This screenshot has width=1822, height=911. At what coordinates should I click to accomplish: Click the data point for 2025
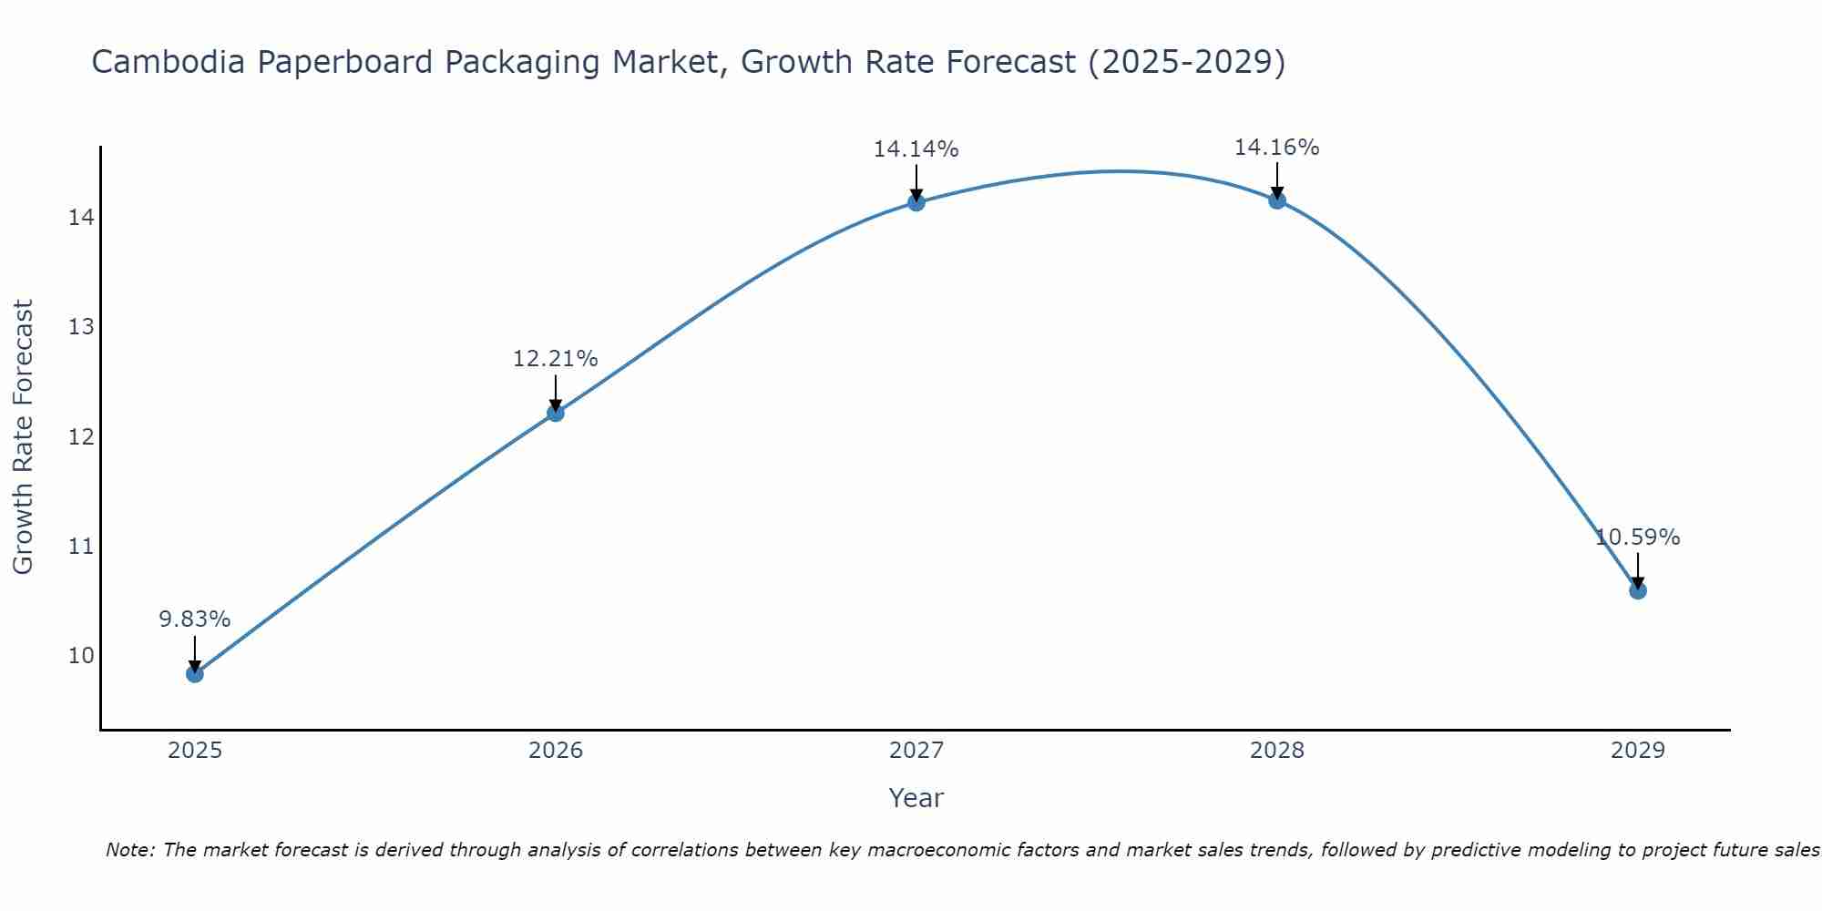(194, 674)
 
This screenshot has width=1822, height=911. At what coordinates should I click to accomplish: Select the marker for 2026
(555, 413)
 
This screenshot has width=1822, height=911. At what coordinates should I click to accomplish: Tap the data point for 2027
(916, 202)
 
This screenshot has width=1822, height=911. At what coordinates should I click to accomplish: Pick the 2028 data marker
(1277, 200)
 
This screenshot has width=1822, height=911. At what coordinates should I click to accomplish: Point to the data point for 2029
(1637, 590)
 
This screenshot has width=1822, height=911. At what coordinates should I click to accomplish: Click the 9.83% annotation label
(194, 619)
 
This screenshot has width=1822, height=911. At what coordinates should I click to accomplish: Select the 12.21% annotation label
(555, 359)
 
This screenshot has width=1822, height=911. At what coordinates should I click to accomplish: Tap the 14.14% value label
(916, 149)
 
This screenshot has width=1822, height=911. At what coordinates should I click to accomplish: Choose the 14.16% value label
(1276, 148)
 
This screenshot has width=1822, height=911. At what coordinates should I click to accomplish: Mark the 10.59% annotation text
(1637, 537)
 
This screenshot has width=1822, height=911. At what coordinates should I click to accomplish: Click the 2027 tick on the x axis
(916, 751)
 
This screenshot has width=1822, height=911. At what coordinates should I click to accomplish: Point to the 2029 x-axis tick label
(1637, 751)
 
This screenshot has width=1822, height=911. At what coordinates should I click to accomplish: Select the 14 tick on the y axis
(81, 218)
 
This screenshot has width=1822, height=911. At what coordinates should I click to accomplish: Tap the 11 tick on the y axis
(81, 547)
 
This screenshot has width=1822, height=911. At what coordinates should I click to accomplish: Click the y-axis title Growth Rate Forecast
(23, 436)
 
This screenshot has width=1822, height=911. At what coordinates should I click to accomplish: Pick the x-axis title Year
(916, 798)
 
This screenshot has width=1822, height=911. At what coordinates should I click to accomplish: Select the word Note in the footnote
(128, 850)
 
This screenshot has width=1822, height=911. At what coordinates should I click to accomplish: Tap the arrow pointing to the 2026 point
(555, 394)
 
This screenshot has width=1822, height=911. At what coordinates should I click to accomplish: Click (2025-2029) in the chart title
(1186, 62)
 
